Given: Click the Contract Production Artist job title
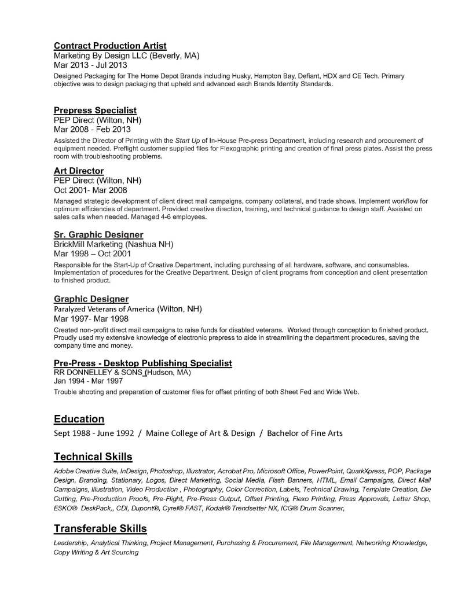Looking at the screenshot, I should coord(110,46).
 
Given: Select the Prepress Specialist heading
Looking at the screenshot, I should coord(95,110).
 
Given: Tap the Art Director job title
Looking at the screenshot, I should coord(79,171).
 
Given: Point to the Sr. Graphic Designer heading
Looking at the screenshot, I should coord(98,234).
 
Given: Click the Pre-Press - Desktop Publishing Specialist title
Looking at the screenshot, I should coord(142,363).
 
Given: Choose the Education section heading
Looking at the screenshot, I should coord(79,419).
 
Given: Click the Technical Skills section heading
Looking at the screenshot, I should coord(93,457).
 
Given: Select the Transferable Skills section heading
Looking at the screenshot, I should coord(100,528).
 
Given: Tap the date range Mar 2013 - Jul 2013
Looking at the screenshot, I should coord(90,65).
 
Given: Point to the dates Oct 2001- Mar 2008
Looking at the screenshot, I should coord(91,190).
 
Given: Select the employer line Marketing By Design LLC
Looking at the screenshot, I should coord(126,56).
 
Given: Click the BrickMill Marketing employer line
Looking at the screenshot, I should coord(113,244).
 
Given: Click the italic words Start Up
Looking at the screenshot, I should coord(188,140).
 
